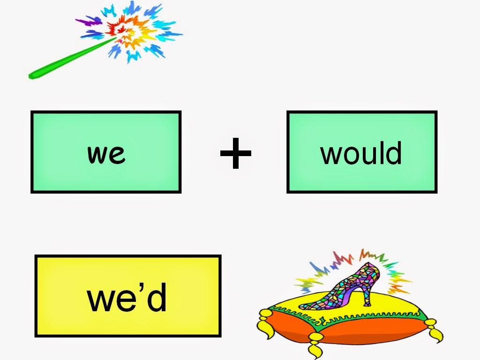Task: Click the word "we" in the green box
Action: click(x=106, y=153)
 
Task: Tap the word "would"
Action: click(x=361, y=153)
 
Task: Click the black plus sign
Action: click(x=236, y=153)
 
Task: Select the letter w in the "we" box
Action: click(x=96, y=154)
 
